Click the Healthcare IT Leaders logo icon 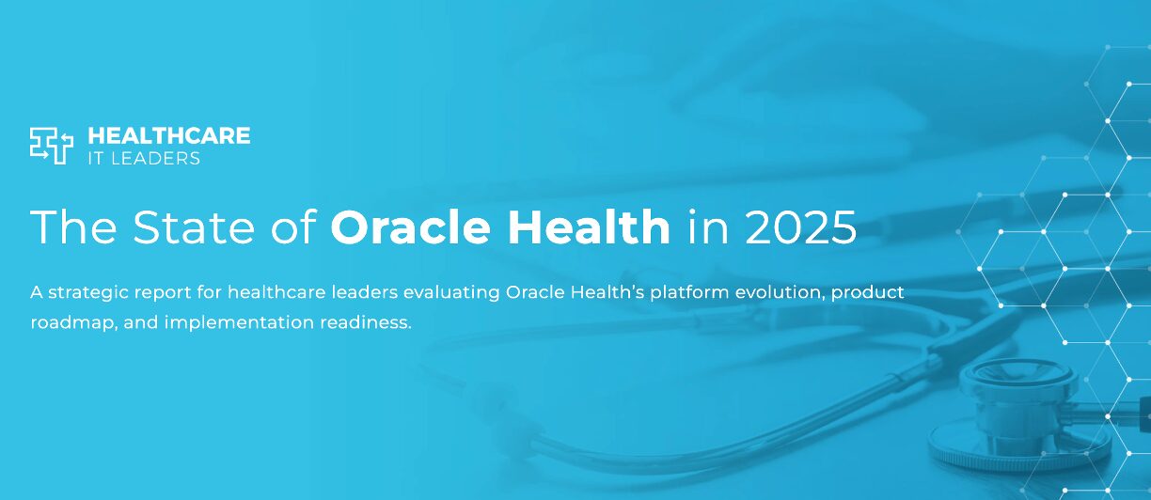[52, 146]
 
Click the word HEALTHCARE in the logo [169, 135]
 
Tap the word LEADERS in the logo [155, 159]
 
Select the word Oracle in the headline [410, 227]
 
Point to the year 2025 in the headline [800, 227]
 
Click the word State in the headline [193, 227]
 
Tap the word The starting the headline [73, 226]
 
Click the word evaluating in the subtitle [451, 292]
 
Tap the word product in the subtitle [867, 292]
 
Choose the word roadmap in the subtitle [74, 323]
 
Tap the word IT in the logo [96, 159]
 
